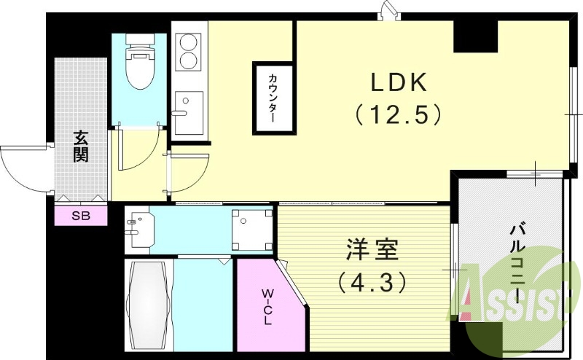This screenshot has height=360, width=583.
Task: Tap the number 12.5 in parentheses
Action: pyautogui.click(x=398, y=114)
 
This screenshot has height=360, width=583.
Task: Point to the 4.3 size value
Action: pyautogui.click(x=371, y=281)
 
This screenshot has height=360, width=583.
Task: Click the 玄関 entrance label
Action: pyautogui.click(x=80, y=145)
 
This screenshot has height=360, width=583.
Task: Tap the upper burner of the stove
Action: pyautogui.click(x=189, y=41)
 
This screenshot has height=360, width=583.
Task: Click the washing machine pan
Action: pyautogui.click(x=251, y=229)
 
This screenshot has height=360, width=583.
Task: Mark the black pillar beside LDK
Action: pyautogui.click(x=475, y=36)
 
